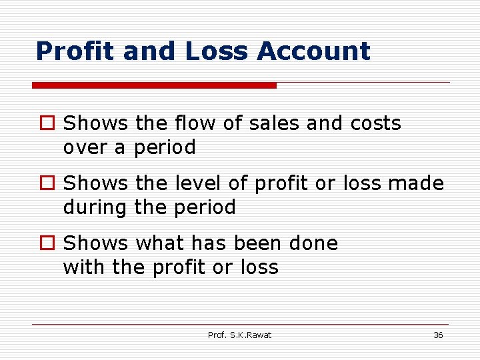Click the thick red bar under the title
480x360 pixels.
pos(155,85)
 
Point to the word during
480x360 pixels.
pos(94,207)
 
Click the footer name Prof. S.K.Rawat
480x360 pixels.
pos(240,335)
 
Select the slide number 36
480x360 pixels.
pos(438,335)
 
